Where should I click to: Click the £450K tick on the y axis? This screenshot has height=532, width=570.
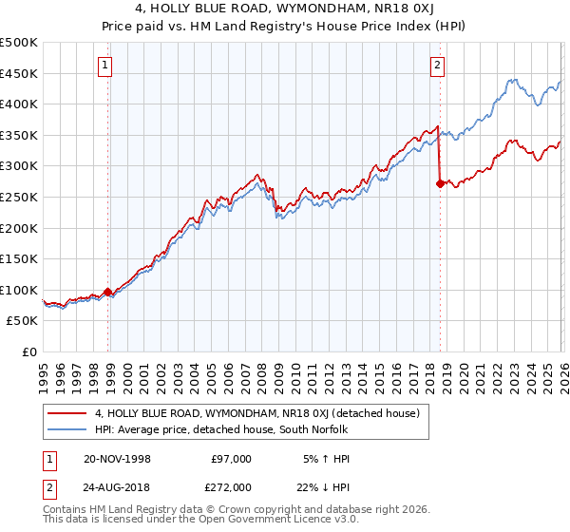(19, 73)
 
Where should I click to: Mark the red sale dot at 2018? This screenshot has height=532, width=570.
(440, 184)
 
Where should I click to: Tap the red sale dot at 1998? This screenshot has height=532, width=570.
(107, 292)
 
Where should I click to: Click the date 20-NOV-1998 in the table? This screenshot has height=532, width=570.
(117, 459)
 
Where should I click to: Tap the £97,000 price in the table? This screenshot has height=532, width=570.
(231, 459)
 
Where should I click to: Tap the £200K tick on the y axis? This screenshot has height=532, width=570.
(19, 228)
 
